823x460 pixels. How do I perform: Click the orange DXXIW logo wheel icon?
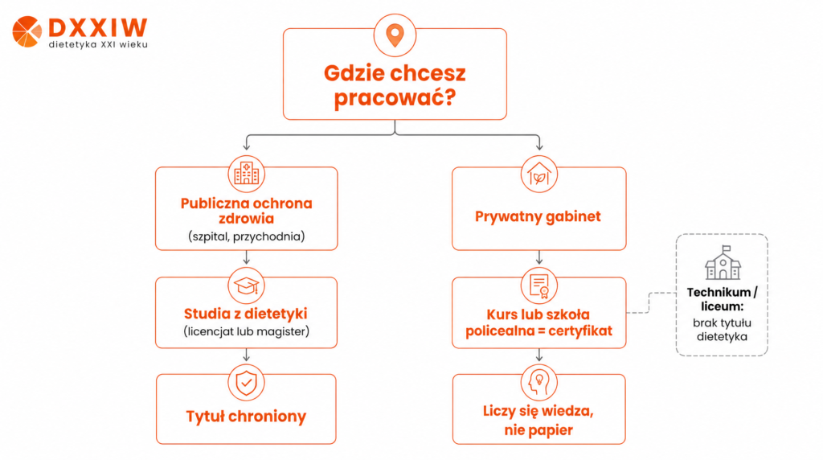pyautogui.click(x=27, y=31)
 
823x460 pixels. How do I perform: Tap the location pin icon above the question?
pyautogui.click(x=395, y=35)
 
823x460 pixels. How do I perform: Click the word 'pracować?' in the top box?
pyautogui.click(x=395, y=97)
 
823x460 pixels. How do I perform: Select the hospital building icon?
pyautogui.click(x=246, y=174)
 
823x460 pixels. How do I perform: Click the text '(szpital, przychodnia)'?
pyautogui.click(x=246, y=236)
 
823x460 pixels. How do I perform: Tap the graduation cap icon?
pyautogui.click(x=246, y=285)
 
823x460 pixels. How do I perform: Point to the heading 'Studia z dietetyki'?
pyautogui.click(x=246, y=314)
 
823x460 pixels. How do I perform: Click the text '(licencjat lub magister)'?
pyautogui.click(x=246, y=331)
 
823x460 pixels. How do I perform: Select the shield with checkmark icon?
pyautogui.click(x=246, y=383)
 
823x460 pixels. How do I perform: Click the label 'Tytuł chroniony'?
pyautogui.click(x=246, y=417)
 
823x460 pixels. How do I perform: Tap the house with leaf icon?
pyautogui.click(x=539, y=174)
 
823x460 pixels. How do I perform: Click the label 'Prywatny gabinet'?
pyautogui.click(x=538, y=216)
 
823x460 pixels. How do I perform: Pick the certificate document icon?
pyautogui.click(x=539, y=285)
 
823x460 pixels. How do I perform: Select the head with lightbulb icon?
pyautogui.click(x=539, y=383)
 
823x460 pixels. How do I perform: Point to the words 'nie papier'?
pyautogui.click(x=538, y=430)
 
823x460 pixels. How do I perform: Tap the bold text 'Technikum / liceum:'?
pyautogui.click(x=723, y=299)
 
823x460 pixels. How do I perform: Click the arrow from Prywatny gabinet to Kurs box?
pyautogui.click(x=539, y=257)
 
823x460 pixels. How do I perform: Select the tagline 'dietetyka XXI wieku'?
pyautogui.click(x=98, y=45)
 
